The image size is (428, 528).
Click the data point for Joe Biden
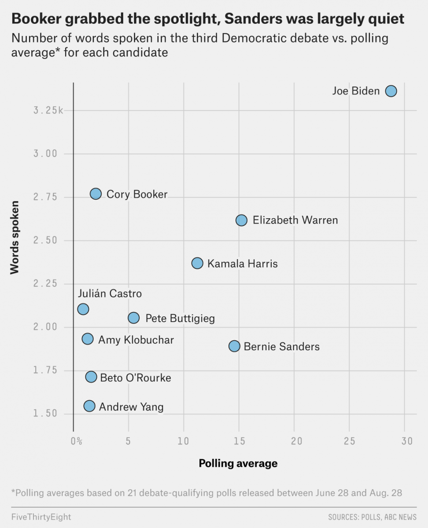pos(391,91)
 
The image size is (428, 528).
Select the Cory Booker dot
pos(96,194)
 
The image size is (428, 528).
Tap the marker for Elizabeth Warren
pos(241,220)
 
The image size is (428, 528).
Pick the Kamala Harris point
pos(197,264)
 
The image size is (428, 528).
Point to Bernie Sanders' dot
pos(234,346)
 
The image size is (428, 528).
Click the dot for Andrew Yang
pos(89,406)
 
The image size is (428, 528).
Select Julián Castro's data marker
pos(83,309)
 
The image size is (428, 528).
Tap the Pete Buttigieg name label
pos(180,318)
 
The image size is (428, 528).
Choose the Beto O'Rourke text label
pos(136,378)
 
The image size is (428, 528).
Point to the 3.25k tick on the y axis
pos(48,110)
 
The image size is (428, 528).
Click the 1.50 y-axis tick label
pos(46,414)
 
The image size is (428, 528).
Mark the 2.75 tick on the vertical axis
pos(46,197)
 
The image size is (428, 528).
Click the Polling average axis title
pos(238,463)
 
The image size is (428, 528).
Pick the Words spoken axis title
pos(15,238)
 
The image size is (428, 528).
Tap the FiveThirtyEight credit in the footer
pos(41,517)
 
